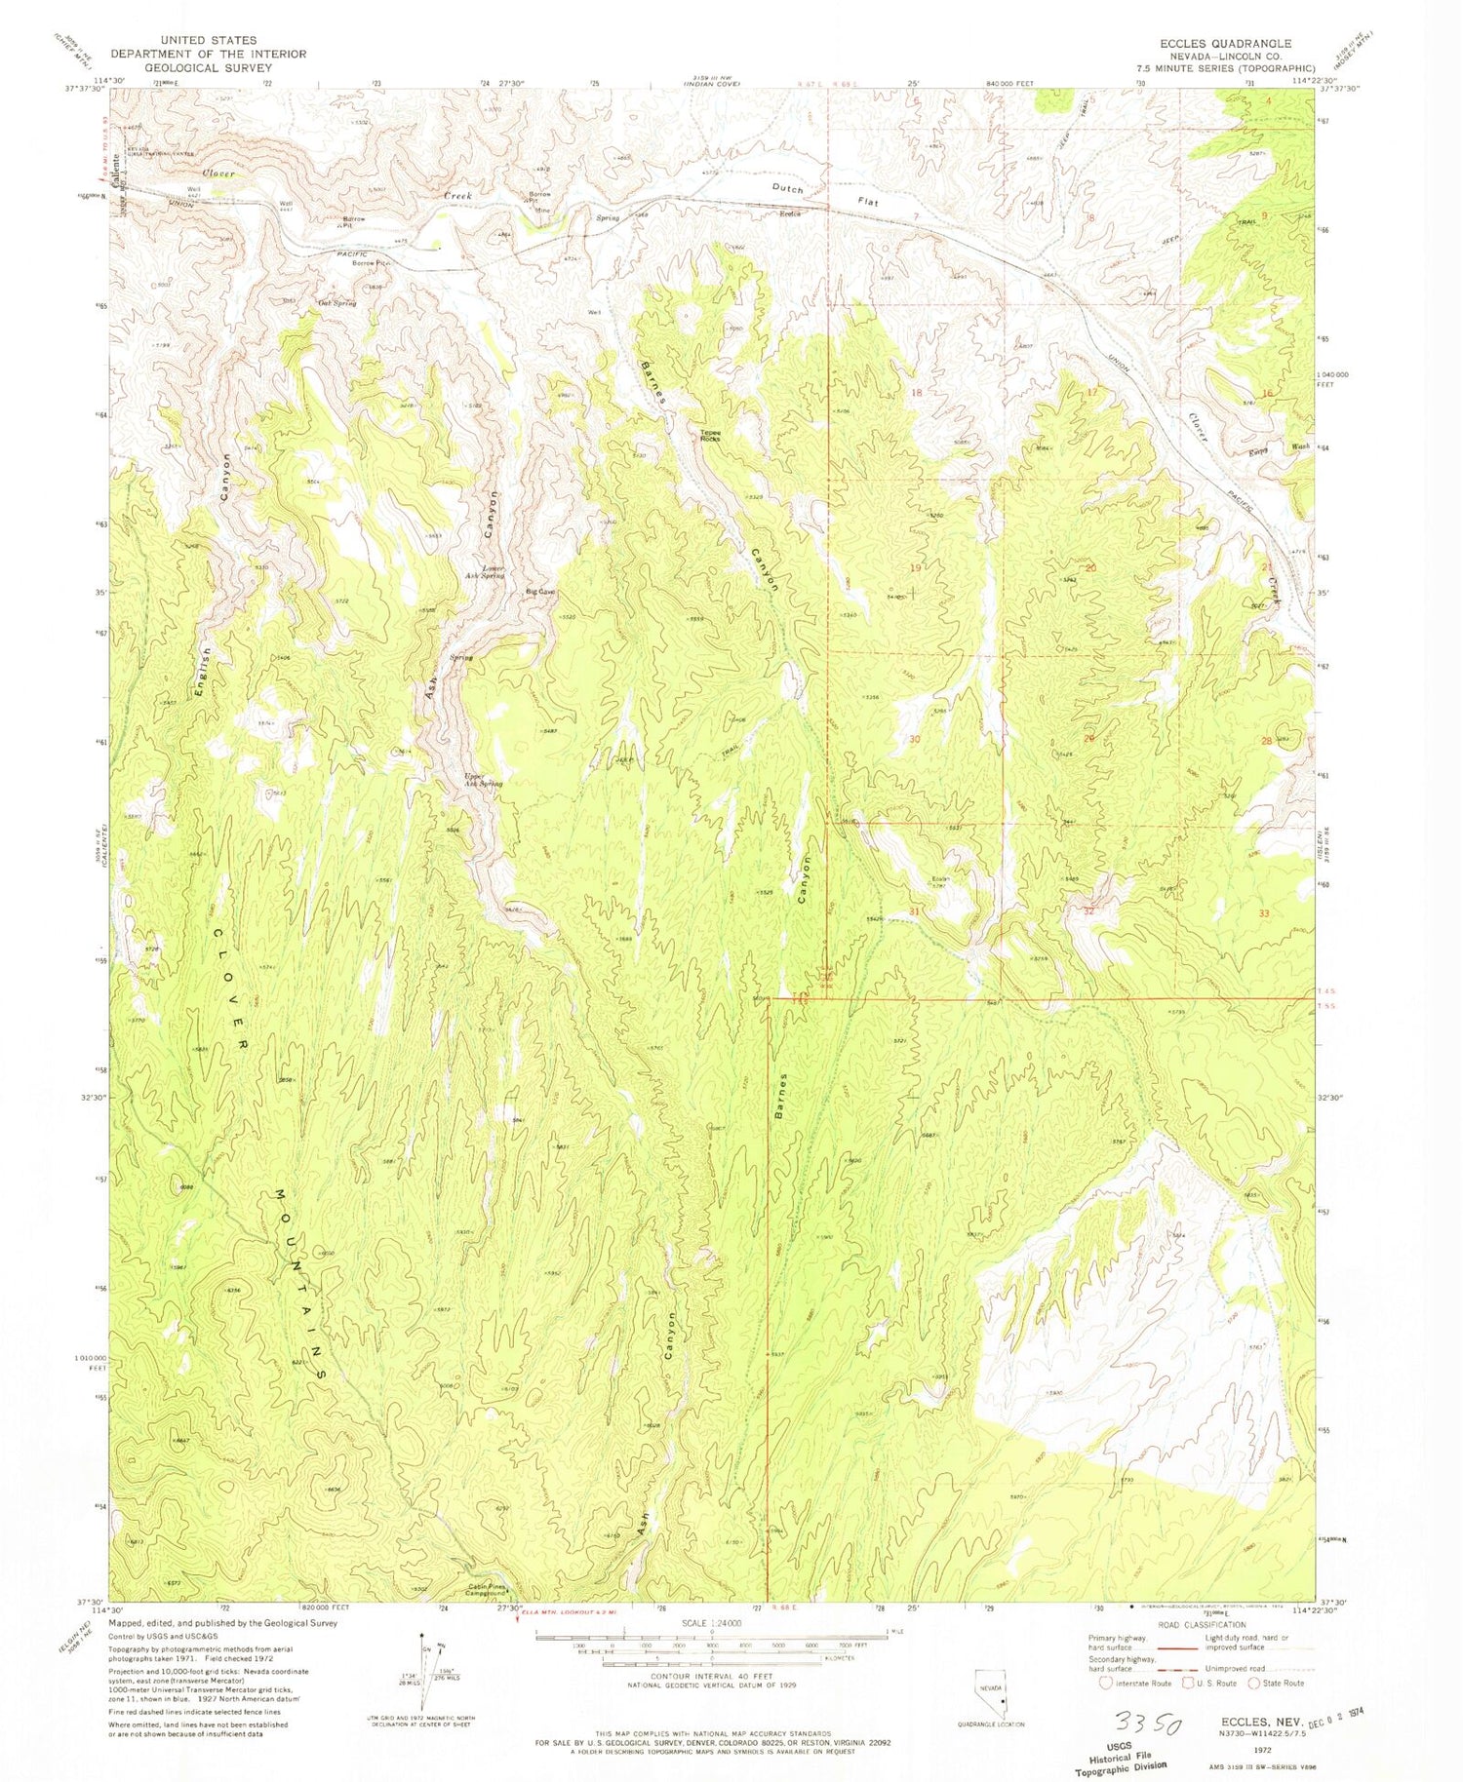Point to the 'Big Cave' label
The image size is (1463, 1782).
tap(540, 592)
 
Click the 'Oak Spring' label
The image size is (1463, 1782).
tap(337, 303)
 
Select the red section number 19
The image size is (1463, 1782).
tap(915, 567)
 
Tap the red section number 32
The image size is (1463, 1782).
tap(1088, 910)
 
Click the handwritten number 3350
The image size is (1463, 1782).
tap(1142, 1725)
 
